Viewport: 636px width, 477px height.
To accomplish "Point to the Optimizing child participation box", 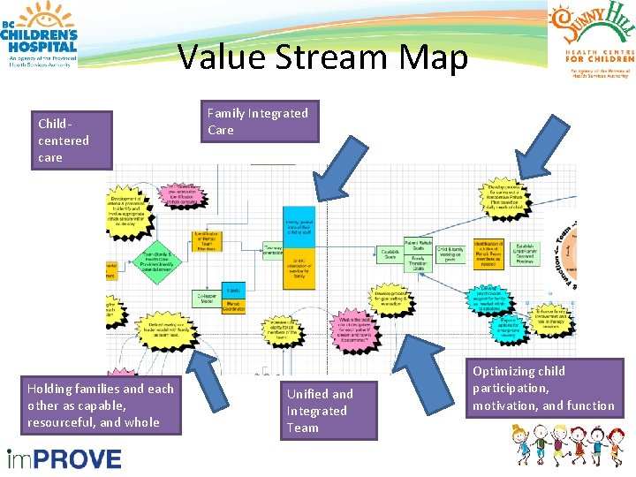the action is tap(543, 388).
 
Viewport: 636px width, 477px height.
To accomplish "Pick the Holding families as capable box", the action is tap(100, 405).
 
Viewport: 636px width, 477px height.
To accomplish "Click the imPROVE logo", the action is tap(64, 458).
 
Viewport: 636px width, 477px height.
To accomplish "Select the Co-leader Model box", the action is tap(208, 300).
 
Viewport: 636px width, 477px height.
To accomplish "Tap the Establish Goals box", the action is tap(390, 254).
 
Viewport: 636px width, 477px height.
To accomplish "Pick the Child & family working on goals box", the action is tap(450, 253).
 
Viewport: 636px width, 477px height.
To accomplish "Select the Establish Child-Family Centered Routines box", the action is tap(525, 254).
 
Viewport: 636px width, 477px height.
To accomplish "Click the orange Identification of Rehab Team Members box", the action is tap(206, 240).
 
